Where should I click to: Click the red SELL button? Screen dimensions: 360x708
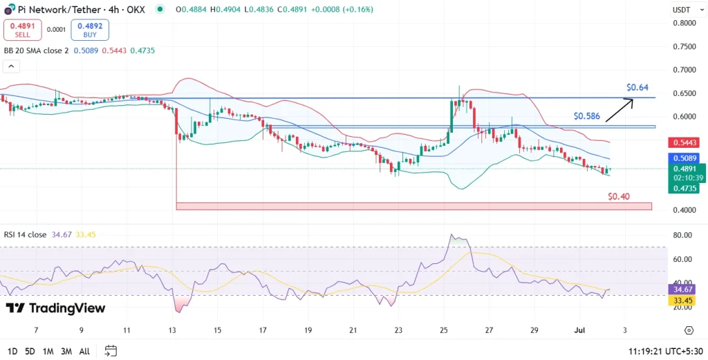pos(22,30)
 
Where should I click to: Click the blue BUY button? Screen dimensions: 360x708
pos(90,30)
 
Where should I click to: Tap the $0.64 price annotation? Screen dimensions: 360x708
pos(637,88)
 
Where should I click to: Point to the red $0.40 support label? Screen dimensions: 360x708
pos(619,196)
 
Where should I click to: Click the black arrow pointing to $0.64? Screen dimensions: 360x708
pos(619,111)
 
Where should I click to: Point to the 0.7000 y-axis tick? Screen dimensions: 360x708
pos(684,70)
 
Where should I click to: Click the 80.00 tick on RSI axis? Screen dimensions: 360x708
pos(682,236)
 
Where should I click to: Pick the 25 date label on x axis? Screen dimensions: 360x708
pos(444,330)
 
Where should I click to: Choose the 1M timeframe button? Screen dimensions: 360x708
pos(48,351)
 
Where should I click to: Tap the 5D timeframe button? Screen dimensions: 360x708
pos(30,351)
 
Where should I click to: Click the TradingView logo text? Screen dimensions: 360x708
pos(56,308)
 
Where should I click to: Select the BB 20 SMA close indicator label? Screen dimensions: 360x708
pos(36,50)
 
